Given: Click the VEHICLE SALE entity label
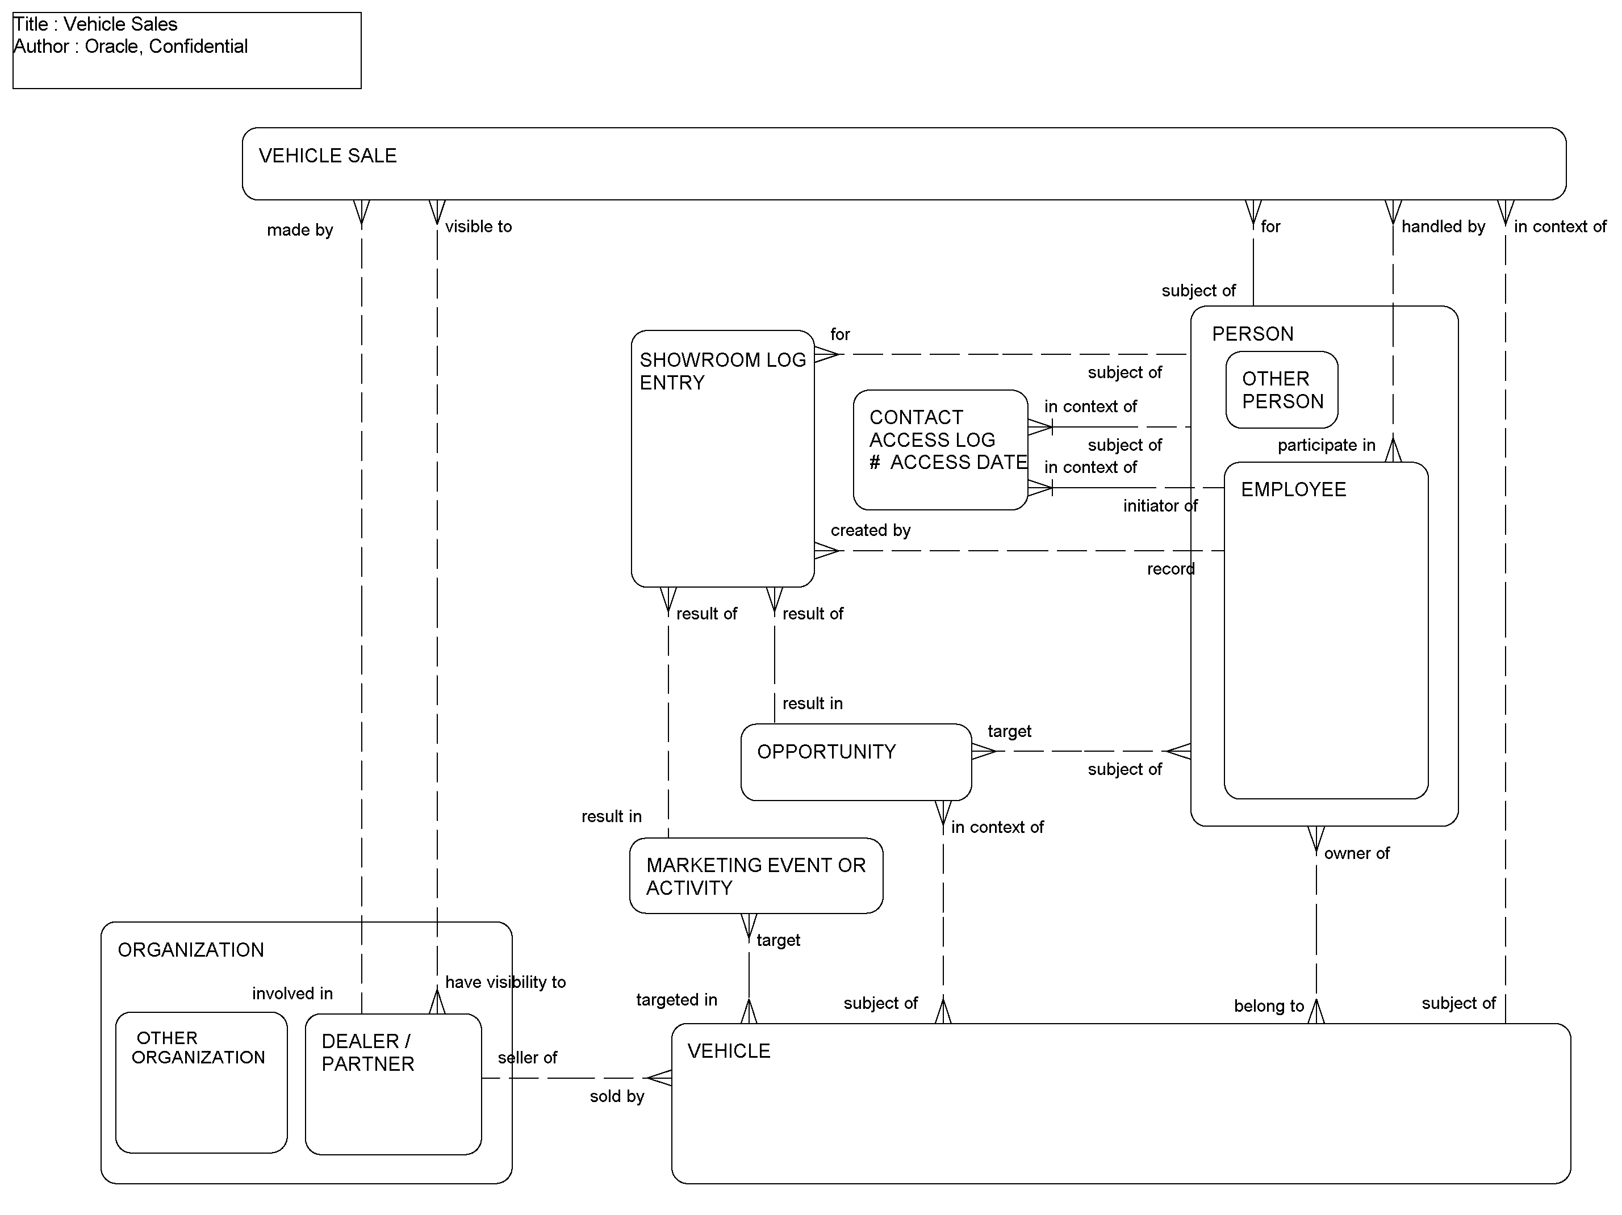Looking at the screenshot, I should [327, 156].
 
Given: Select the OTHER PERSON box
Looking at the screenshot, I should [1281, 390].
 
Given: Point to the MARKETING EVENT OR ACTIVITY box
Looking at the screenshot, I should [755, 876].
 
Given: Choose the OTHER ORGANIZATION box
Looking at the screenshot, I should [201, 1082].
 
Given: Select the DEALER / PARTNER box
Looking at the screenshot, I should [393, 1084].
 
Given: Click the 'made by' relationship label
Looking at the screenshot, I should [299, 231].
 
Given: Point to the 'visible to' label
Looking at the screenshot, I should [478, 227].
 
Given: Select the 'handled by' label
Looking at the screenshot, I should [1443, 227].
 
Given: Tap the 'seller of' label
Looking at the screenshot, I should [527, 1057].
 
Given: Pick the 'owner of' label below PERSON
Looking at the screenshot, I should [1356, 853].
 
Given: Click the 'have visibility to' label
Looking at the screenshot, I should [505, 982].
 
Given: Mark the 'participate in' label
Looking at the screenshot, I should [1326, 445].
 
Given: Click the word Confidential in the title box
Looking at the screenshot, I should [198, 46].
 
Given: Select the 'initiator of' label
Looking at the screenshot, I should [1160, 506].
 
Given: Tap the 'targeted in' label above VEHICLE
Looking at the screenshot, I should [676, 1000].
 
